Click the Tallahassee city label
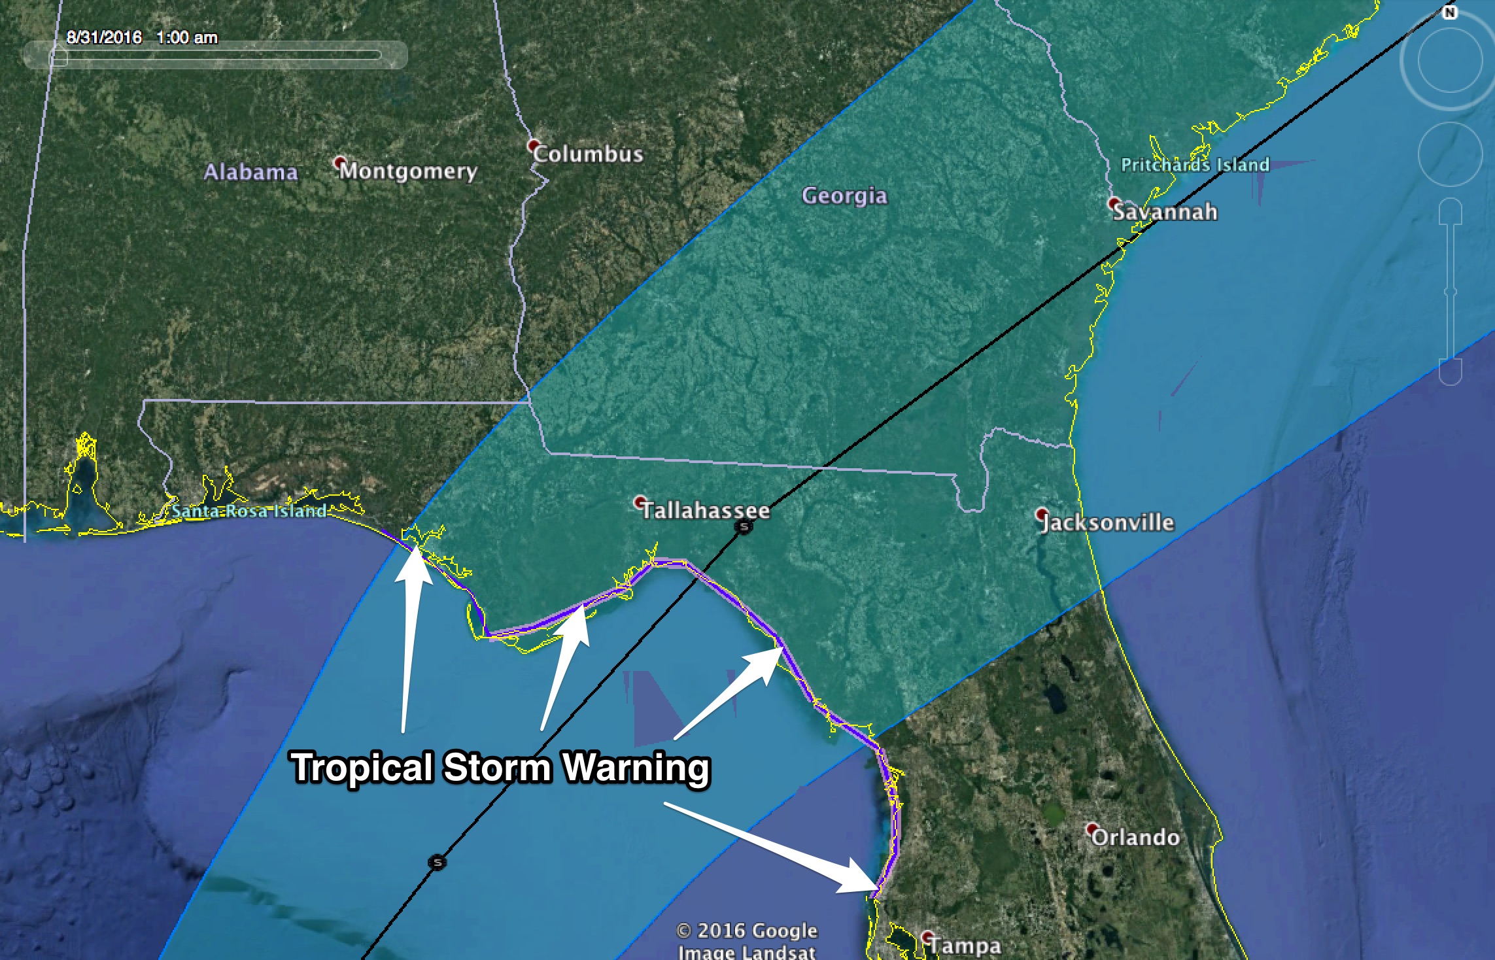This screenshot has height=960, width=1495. pyautogui.click(x=706, y=511)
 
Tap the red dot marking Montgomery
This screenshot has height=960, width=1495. pyautogui.click(x=339, y=161)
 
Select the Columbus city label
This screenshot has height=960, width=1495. pyautogui.click(x=588, y=154)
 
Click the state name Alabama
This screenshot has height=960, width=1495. pyautogui.click(x=250, y=172)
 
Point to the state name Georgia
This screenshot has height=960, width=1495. pyautogui.click(x=844, y=196)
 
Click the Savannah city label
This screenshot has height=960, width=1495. pyautogui.click(x=1165, y=212)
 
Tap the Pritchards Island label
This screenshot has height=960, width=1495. pyautogui.click(x=1195, y=165)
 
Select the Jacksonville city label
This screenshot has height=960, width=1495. pyautogui.click(x=1108, y=523)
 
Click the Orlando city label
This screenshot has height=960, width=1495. pyautogui.click(x=1135, y=838)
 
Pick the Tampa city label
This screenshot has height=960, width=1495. pyautogui.click(x=965, y=946)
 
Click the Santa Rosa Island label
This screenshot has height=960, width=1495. pyautogui.click(x=249, y=511)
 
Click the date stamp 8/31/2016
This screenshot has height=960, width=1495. pyautogui.click(x=104, y=37)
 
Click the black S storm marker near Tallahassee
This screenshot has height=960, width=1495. pyautogui.click(x=744, y=526)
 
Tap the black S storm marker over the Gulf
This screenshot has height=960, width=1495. pyautogui.click(x=438, y=862)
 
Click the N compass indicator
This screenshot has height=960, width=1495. pyautogui.click(x=1449, y=12)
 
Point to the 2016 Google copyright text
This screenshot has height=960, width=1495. pyautogui.click(x=746, y=931)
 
